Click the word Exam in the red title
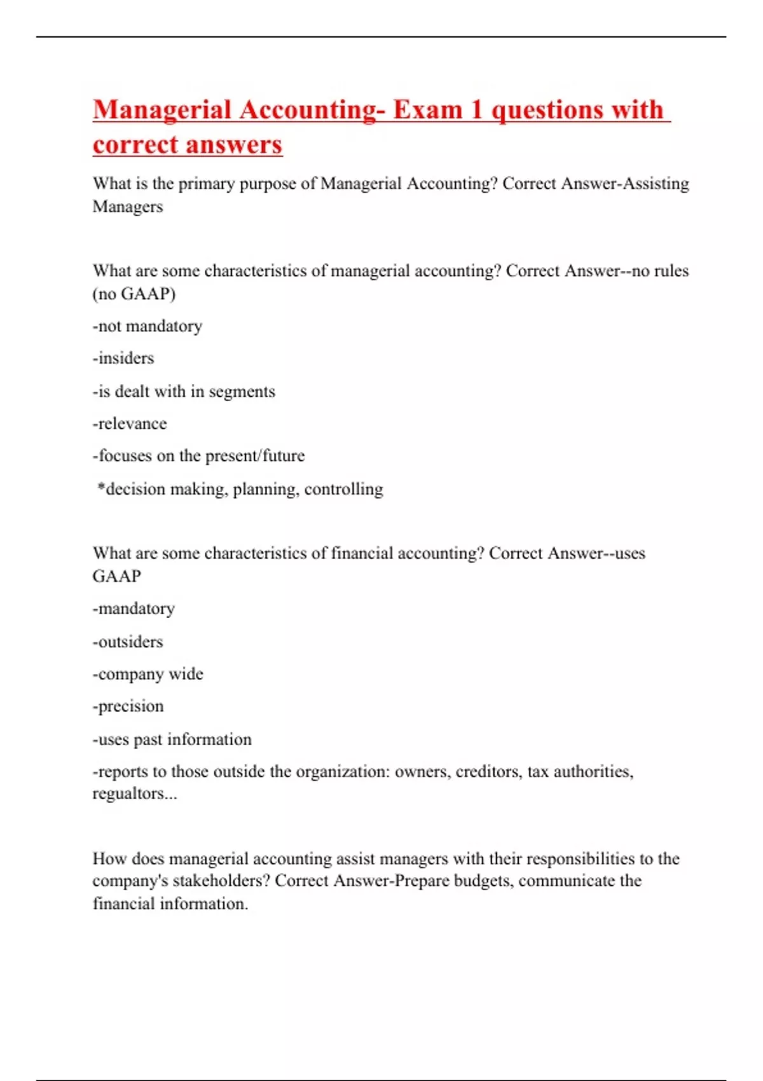click(428, 110)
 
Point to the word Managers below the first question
click(128, 207)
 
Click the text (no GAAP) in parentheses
click(134, 294)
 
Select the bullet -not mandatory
click(148, 326)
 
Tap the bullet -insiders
click(123, 359)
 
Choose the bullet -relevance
click(130, 423)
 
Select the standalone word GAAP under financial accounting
click(117, 576)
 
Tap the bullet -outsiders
click(128, 642)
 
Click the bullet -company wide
click(148, 674)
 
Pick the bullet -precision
click(128, 706)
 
